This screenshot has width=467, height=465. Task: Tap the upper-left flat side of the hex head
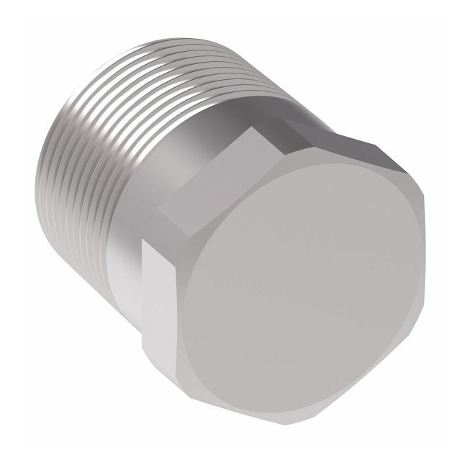point(223,176)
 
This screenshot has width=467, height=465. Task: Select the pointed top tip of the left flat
point(148,241)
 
